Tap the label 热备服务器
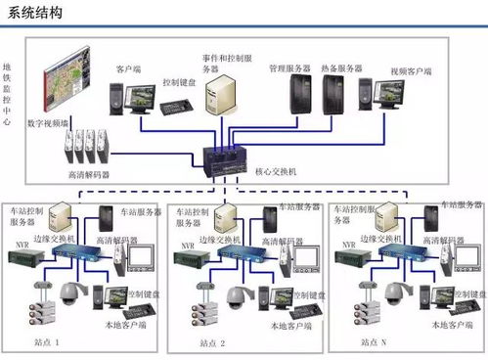pyautogui.click(x=342, y=68)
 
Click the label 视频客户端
pyautogui.click(x=412, y=71)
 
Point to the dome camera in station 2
pyautogui.click(x=235, y=292)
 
